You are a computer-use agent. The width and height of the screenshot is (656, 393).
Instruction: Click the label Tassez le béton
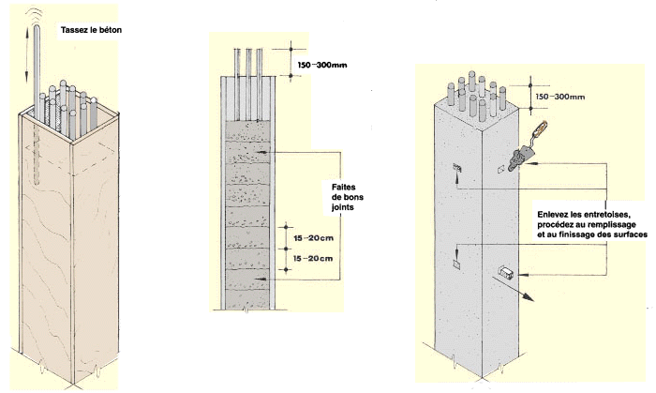(91, 30)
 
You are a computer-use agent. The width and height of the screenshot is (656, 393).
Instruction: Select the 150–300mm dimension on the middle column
(322, 65)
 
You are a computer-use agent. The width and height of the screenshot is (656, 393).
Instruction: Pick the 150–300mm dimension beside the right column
(559, 97)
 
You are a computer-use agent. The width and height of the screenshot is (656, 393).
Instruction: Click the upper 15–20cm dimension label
(313, 238)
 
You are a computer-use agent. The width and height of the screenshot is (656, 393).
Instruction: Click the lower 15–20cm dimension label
(313, 258)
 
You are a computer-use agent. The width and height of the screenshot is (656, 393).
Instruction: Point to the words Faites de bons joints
(348, 197)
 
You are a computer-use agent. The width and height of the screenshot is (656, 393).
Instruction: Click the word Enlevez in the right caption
(551, 215)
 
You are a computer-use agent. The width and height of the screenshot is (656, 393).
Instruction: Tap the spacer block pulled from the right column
(507, 272)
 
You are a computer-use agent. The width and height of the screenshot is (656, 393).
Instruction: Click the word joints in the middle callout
(343, 207)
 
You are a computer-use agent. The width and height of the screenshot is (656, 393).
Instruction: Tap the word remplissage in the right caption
(612, 225)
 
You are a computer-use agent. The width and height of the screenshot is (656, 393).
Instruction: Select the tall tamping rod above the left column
(37, 71)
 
